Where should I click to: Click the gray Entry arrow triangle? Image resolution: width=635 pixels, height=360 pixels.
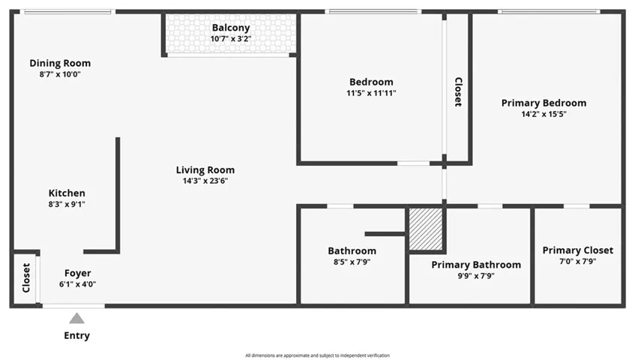[x=76, y=319]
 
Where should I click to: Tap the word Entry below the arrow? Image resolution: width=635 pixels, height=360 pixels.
[x=76, y=335]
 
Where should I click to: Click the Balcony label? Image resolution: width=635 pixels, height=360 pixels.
[x=230, y=28]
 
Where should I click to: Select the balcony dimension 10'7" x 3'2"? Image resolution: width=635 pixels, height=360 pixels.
[x=230, y=39]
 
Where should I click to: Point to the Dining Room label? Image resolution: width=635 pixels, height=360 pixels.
[x=60, y=63]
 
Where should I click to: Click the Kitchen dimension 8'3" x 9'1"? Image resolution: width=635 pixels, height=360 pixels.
[x=67, y=204]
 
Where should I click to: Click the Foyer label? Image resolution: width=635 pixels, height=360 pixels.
[x=78, y=273]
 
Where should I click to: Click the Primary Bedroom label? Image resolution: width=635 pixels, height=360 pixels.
[x=544, y=103]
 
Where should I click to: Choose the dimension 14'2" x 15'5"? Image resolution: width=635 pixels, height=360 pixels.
[x=544, y=114]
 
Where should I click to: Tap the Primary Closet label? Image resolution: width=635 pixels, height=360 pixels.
[x=577, y=250]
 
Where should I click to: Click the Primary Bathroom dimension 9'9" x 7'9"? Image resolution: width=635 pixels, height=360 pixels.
[x=475, y=275]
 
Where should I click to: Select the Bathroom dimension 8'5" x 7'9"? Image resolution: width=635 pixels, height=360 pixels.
[x=352, y=262]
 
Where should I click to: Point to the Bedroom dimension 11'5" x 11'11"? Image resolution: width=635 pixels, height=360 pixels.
[x=371, y=93]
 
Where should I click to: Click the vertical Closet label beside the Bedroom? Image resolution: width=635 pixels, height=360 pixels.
[x=458, y=91]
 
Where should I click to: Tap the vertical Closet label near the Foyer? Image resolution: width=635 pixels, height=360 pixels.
[x=26, y=277]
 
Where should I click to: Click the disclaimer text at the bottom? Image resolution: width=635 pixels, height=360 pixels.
[x=317, y=355]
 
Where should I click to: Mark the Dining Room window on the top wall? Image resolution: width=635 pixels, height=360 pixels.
[x=67, y=12]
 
